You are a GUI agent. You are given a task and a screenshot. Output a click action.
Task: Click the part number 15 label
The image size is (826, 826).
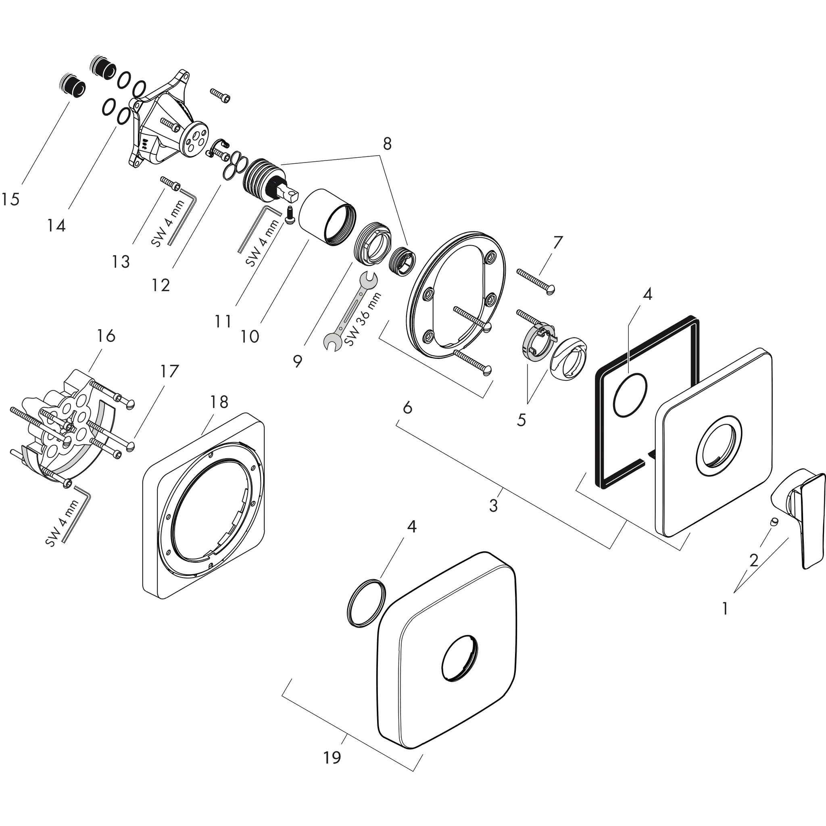coord(10,199)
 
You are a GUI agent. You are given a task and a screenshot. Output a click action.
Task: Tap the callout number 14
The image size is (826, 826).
coord(56,225)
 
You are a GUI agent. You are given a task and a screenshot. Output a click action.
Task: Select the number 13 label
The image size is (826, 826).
coord(121,262)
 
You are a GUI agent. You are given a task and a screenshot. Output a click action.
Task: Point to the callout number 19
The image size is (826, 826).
coord(332,757)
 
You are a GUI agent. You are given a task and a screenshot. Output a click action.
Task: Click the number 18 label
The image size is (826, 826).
coord(219,402)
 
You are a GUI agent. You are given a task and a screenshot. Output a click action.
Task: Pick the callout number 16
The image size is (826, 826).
coord(106,336)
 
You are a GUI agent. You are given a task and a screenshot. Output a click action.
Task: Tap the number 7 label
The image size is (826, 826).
coord(557,243)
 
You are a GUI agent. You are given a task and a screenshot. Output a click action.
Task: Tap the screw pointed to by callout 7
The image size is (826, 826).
coord(536,280)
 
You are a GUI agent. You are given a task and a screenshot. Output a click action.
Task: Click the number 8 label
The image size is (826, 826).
coord(387,144)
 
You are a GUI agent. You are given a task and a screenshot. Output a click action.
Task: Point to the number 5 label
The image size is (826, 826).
coord(521,420)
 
